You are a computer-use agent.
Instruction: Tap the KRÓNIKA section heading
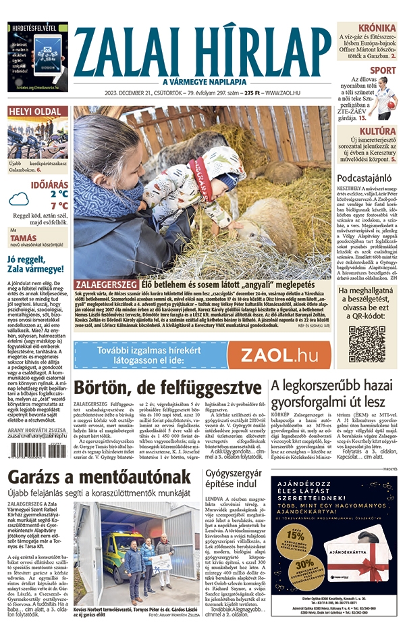point(377,28)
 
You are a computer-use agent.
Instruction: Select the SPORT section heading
point(383,70)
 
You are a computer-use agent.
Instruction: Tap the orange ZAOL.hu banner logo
point(279,355)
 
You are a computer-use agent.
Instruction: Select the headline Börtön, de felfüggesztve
point(168,388)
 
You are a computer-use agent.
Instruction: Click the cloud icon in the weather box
point(22,199)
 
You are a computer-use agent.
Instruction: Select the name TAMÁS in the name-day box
point(23,238)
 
